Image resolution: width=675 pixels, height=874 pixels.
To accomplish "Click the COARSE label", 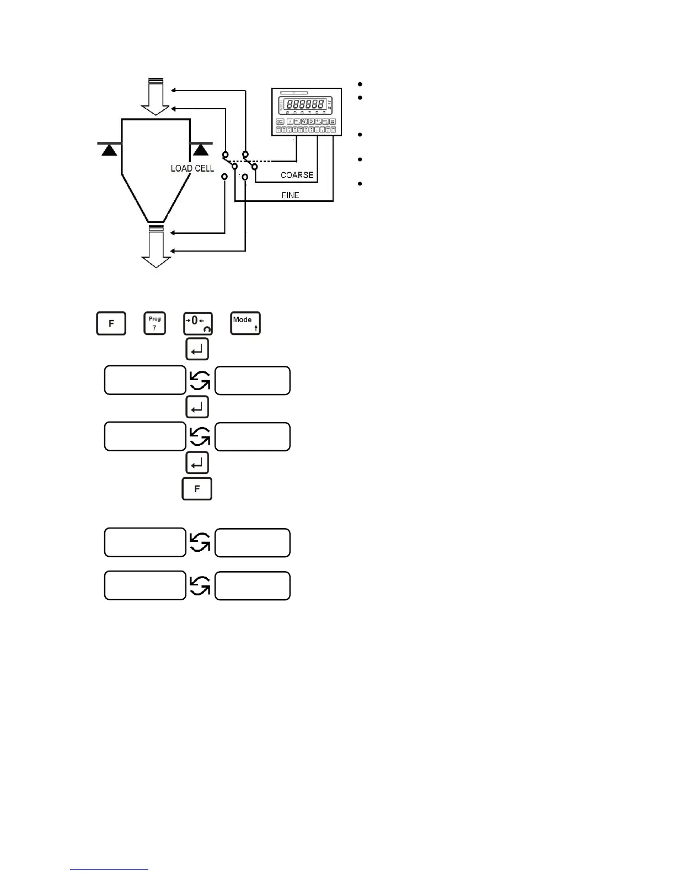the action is tap(297, 175).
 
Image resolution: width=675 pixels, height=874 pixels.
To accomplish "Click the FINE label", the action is tap(290, 195).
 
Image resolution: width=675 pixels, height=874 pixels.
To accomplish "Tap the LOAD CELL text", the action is tap(192, 168).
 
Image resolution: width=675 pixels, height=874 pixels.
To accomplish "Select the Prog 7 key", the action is tap(154, 323).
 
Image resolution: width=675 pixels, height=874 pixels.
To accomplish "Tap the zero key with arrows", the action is tap(198, 323).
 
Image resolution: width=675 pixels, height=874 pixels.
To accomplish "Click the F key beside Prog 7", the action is tap(111, 323).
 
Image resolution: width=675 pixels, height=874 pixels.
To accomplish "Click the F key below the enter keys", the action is tap(197, 489).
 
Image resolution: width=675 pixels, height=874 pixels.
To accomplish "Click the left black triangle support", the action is tap(110, 149).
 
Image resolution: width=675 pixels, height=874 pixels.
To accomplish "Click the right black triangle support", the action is tap(201, 149).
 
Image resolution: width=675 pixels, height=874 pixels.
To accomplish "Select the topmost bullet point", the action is tap(360, 84).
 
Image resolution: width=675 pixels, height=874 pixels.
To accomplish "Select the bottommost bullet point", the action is tap(360, 184).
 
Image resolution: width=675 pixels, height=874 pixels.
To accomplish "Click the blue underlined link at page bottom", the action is tap(110, 870).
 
